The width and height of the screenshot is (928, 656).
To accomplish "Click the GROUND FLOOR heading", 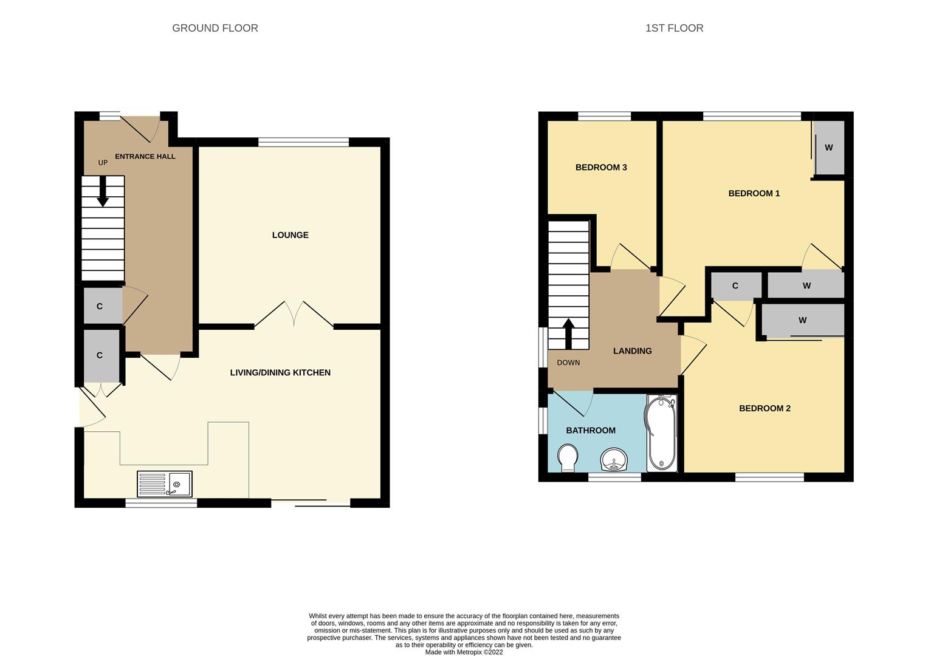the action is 215,28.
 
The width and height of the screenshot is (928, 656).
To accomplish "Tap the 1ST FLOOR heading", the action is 674,28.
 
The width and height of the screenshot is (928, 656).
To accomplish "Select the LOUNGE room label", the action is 290,235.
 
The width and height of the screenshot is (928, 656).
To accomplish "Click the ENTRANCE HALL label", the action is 145,157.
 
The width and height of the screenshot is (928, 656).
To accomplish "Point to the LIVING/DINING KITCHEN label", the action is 280,373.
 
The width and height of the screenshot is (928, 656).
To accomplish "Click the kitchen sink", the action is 165,483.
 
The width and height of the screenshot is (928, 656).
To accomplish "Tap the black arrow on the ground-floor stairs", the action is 103,191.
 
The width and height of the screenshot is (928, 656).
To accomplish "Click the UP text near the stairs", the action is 103,163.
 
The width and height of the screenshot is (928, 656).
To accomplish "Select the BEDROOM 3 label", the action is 600,167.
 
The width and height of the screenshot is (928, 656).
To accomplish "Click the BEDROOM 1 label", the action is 754,193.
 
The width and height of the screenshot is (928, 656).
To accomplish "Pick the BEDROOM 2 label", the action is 765,408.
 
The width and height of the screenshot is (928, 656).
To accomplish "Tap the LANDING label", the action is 632,351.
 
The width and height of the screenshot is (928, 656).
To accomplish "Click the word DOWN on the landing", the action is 568,363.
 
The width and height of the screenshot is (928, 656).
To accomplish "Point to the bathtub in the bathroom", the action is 661,432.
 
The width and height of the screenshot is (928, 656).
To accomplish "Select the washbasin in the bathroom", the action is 614,460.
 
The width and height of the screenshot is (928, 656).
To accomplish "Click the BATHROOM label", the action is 591,431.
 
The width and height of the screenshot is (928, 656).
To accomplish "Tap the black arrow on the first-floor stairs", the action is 568,334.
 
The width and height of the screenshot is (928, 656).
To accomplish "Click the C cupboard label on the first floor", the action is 735,285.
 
